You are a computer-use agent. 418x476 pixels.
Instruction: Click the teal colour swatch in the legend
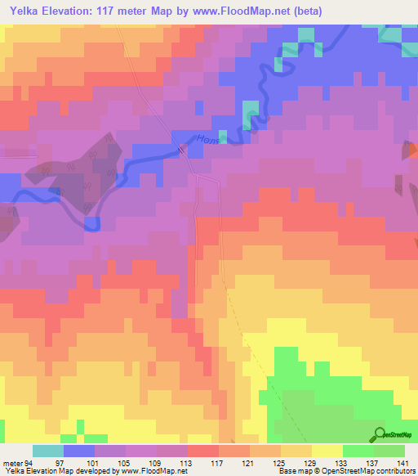pos(48,451)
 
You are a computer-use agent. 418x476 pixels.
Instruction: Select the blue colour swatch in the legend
pos(79,451)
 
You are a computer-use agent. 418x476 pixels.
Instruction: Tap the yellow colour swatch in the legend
pos(327,451)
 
